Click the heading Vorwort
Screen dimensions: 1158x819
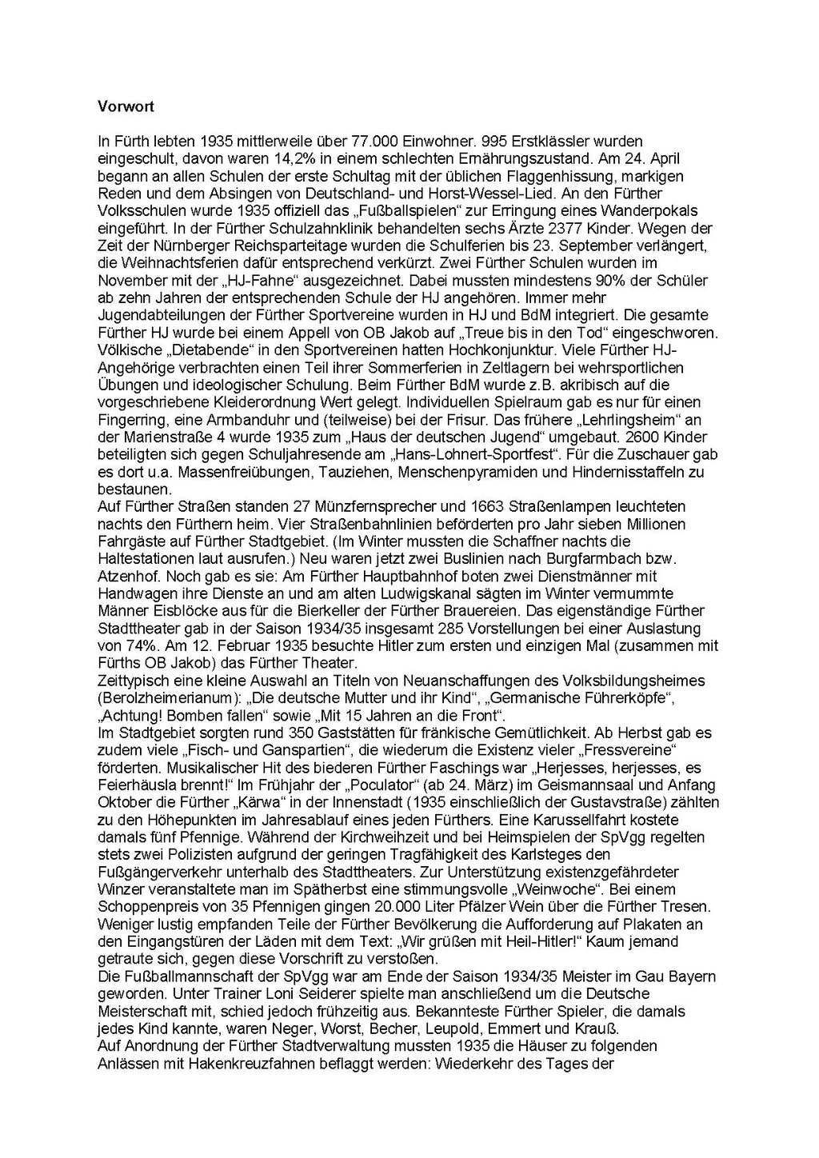pyautogui.click(x=126, y=106)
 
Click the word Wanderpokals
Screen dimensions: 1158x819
pyautogui.click(x=648, y=210)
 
